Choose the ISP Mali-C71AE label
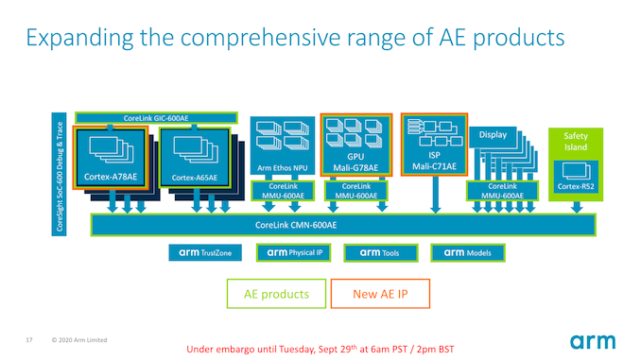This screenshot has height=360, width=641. pos(435,163)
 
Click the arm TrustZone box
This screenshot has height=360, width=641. pos(206,252)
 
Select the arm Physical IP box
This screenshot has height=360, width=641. pos(294,252)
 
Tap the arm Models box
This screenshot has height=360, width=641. pos(467,252)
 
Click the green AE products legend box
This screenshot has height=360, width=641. pos(277,294)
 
